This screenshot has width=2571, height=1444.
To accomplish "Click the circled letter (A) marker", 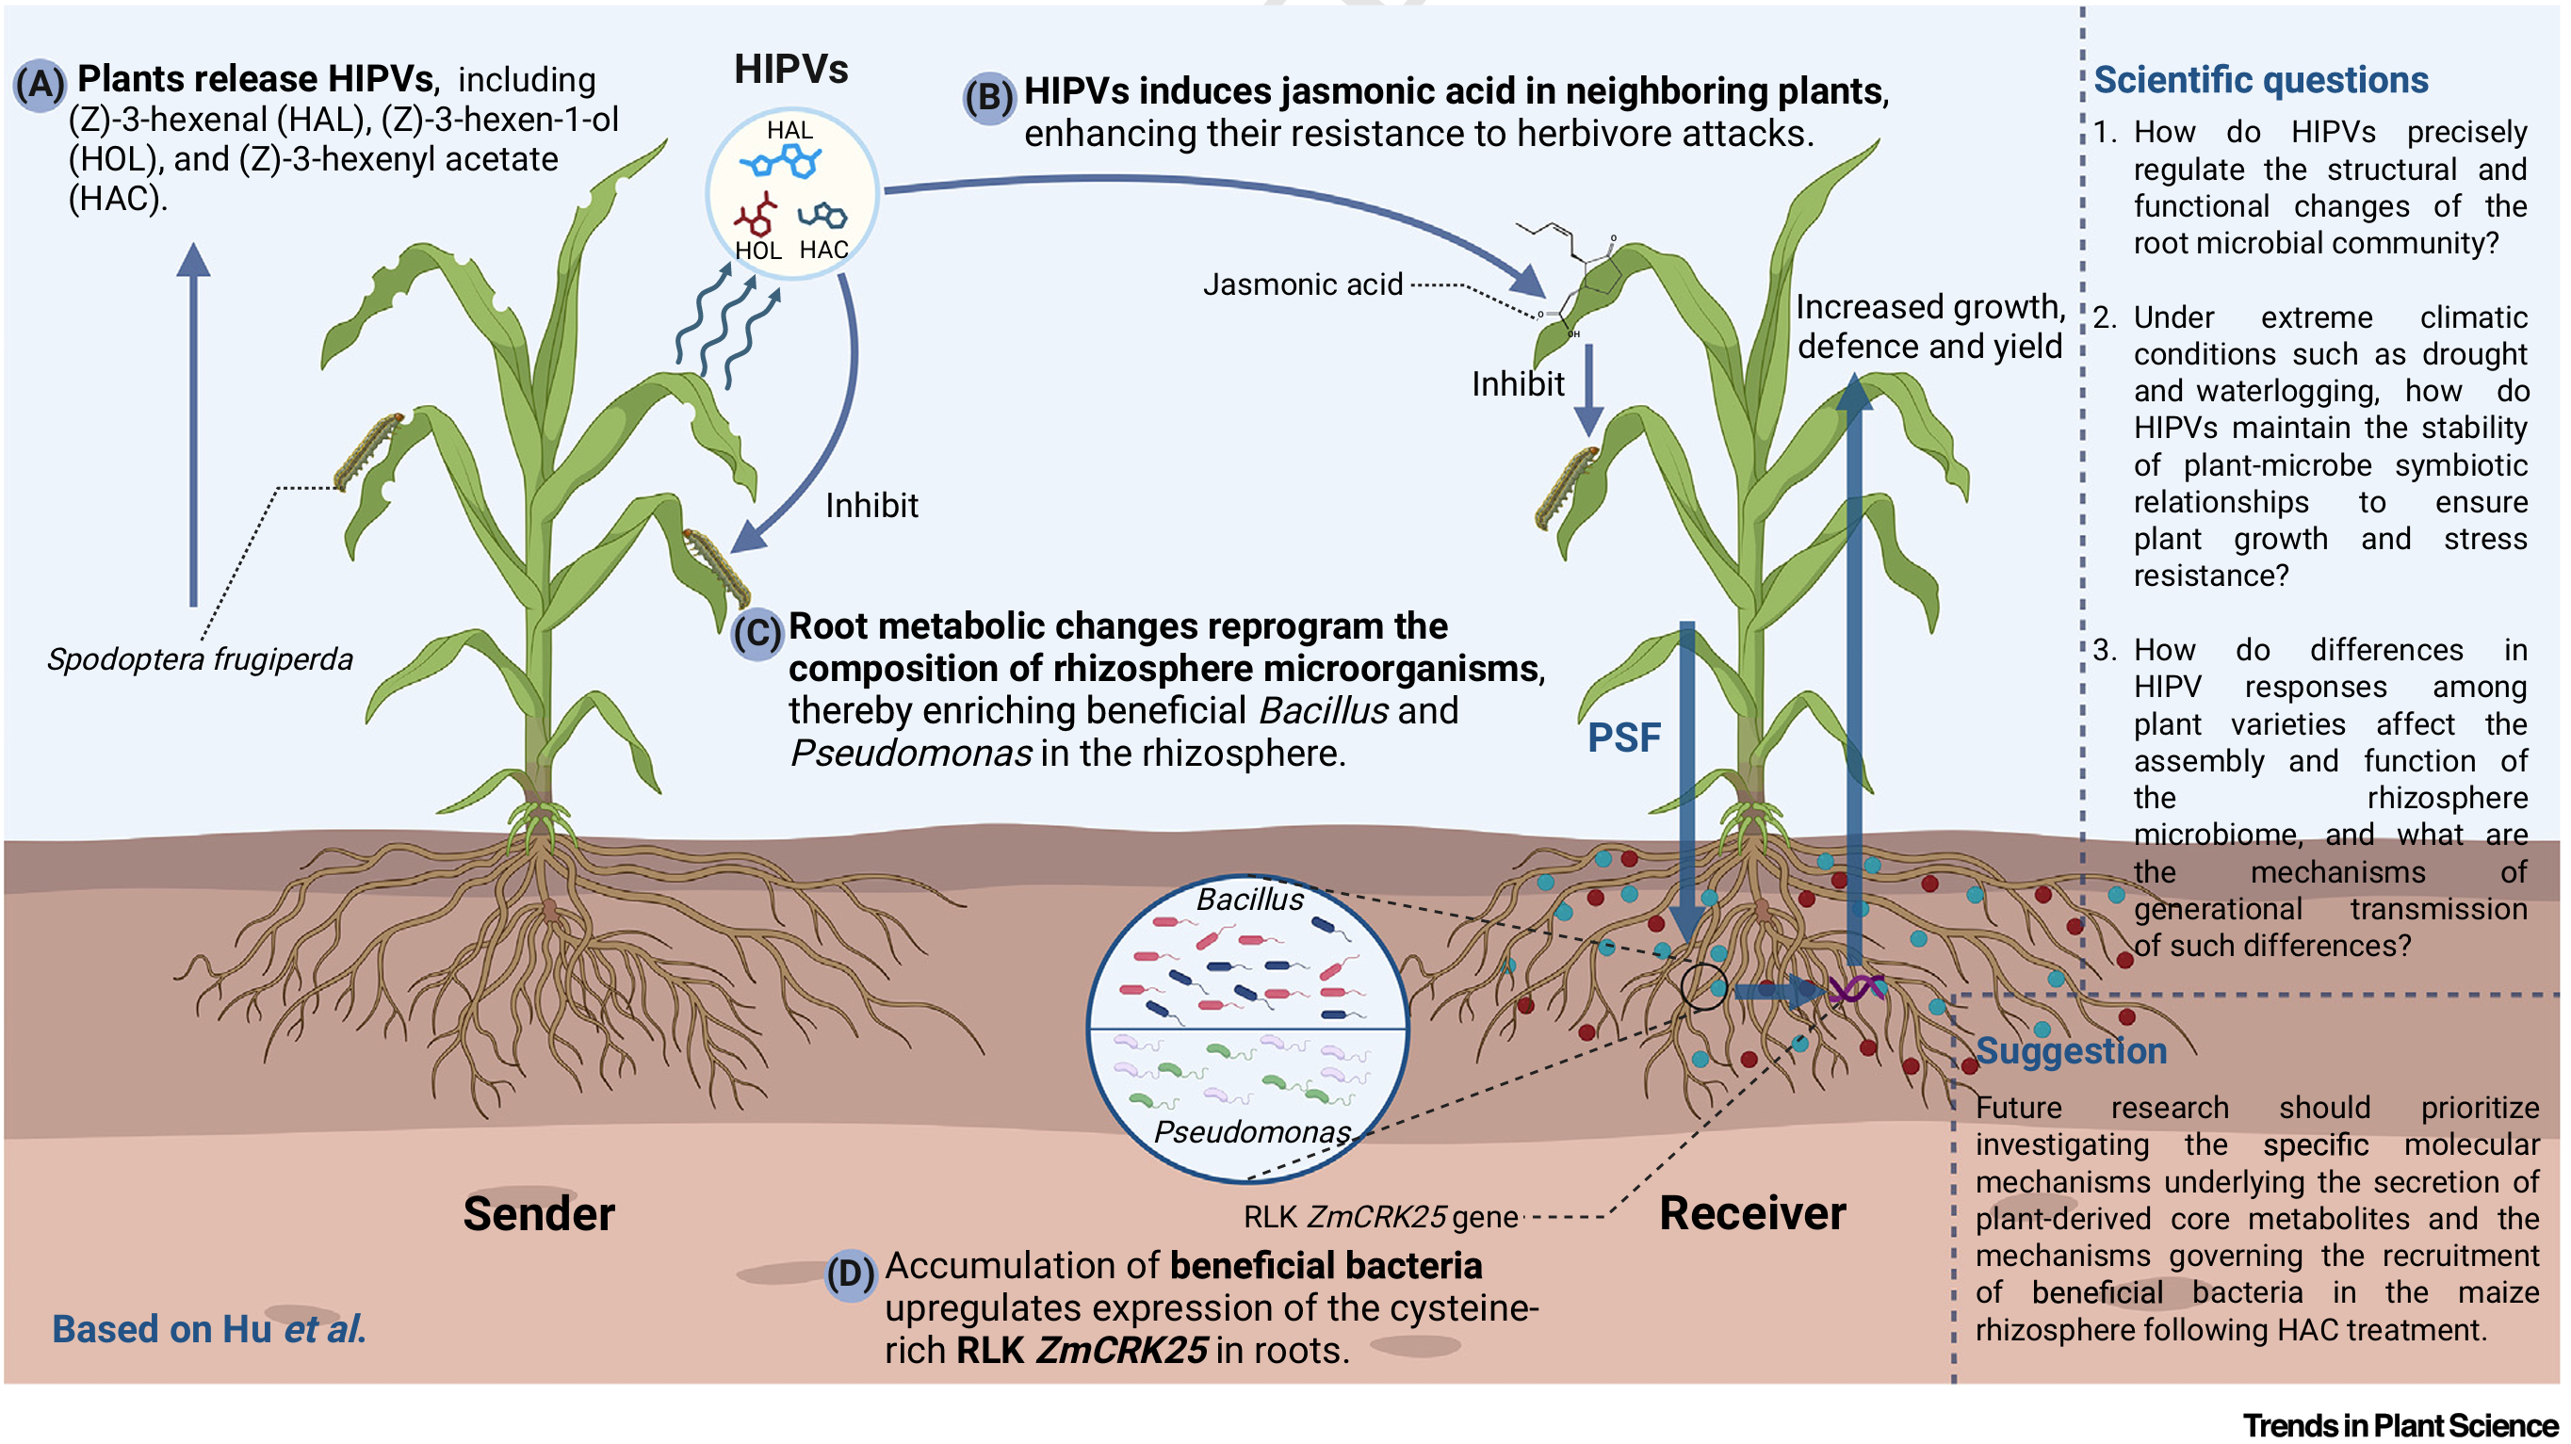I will tap(40, 84).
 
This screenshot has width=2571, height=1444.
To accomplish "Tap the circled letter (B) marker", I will tap(988, 98).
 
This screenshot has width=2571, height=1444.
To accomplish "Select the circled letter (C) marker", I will tap(757, 634).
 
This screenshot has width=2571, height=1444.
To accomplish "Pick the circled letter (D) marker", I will tap(850, 1274).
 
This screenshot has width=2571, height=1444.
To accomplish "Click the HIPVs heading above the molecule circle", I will tap(790, 70).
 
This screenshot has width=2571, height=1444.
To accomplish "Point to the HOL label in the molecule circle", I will tap(757, 251).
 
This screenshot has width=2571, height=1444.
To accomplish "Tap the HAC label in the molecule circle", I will tap(823, 250).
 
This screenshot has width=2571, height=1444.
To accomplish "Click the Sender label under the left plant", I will tap(539, 1214).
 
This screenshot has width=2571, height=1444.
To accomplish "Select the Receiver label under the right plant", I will tap(1751, 1213).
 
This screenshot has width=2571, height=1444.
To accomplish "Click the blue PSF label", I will tap(1624, 738).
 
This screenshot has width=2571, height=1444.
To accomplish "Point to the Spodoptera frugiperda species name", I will tap(200, 659).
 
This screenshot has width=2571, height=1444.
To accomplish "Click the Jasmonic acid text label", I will tap(1303, 285).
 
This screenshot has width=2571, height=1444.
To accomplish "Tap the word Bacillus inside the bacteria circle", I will tap(1249, 900).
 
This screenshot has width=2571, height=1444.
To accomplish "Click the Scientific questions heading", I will tap(2261, 80).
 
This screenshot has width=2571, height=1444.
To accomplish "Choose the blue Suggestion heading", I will tap(2071, 1051).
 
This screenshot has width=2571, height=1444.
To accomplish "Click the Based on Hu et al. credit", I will tap(208, 1329).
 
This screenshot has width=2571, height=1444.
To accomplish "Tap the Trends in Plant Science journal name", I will tap(2400, 1425).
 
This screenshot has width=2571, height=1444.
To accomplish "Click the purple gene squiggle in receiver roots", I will tap(1856, 989).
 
